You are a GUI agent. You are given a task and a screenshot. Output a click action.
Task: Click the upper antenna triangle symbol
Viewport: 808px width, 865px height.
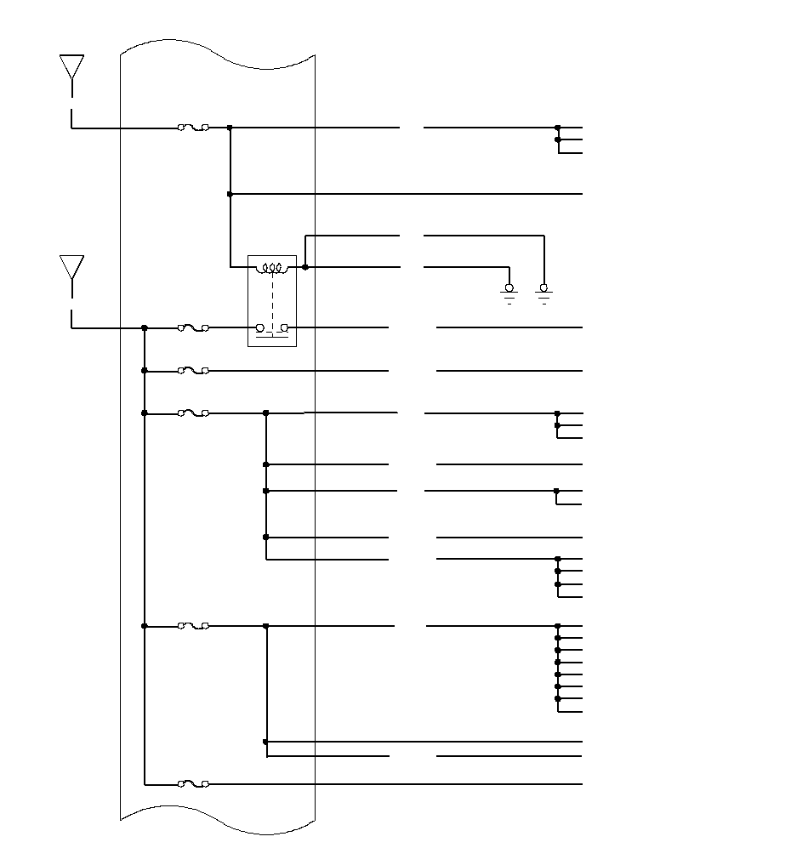[71, 66]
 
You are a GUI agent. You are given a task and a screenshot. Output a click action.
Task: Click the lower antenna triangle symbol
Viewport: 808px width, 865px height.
[71, 266]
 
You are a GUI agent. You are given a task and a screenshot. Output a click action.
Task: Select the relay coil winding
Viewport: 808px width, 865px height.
[272, 269]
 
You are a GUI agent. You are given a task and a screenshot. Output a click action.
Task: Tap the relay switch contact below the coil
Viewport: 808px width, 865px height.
[272, 328]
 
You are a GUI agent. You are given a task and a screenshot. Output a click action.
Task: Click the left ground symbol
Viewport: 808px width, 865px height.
[509, 293]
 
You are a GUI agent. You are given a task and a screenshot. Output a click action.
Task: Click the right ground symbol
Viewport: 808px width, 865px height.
[543, 293]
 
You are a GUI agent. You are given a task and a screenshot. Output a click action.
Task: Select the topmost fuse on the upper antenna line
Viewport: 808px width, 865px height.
[193, 128]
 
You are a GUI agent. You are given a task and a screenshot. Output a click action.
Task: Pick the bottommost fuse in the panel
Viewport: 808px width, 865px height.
[193, 783]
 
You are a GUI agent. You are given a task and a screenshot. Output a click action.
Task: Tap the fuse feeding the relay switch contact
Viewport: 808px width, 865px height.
[193, 327]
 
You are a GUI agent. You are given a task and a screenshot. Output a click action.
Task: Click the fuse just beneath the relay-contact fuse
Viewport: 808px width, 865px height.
[193, 371]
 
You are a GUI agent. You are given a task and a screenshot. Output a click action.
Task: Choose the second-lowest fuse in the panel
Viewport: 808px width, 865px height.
[193, 626]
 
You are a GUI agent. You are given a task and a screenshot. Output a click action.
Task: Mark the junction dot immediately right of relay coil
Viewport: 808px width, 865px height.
[304, 267]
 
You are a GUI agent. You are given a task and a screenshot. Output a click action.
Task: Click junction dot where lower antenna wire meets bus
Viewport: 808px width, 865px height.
[145, 327]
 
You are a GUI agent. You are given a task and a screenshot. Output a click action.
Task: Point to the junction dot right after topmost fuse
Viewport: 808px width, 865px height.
[230, 128]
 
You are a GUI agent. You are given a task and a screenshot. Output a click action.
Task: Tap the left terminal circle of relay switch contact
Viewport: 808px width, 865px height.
[260, 327]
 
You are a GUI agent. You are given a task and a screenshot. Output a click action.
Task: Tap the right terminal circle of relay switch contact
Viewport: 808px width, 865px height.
[285, 327]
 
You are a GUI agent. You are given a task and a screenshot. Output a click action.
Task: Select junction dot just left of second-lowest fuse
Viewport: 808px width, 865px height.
[145, 626]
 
